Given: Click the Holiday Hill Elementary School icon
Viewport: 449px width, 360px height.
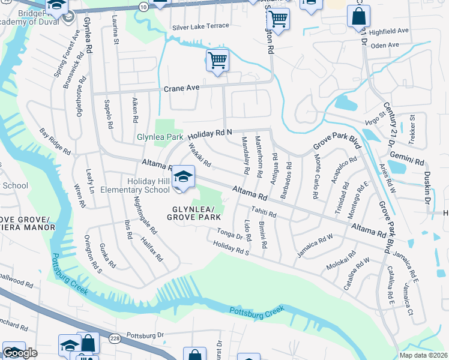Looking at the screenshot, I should pyautogui.click(x=184, y=176).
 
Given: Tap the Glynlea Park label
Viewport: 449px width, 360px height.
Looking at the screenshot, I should pyautogui.click(x=160, y=137).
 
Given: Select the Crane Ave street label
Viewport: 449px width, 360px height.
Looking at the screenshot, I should pyautogui.click(x=181, y=88).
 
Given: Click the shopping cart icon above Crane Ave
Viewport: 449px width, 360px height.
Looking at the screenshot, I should pyautogui.click(x=217, y=59).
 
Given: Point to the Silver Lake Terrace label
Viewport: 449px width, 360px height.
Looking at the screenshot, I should pyautogui.click(x=200, y=26).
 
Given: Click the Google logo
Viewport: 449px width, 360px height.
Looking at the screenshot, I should pyautogui.click(x=20, y=353).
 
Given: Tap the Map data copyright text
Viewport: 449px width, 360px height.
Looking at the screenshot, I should pyautogui.click(x=424, y=355).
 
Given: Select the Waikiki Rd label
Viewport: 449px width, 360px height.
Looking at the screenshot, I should pyautogui.click(x=199, y=154).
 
